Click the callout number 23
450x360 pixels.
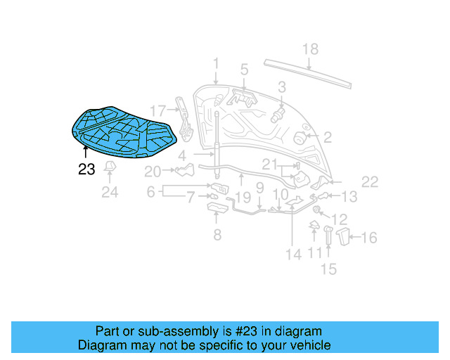pos(86,169)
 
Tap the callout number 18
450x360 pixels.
pos(310,49)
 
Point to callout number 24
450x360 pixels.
pos(110,191)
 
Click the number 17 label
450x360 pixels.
pos(157,110)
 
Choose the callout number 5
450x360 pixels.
pos(244,70)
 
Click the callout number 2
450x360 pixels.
pos(327,136)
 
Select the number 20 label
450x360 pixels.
pos(153,171)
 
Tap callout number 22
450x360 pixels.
pos(370,182)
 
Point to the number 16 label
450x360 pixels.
pos(368,238)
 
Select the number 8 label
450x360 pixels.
pos(217,235)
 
